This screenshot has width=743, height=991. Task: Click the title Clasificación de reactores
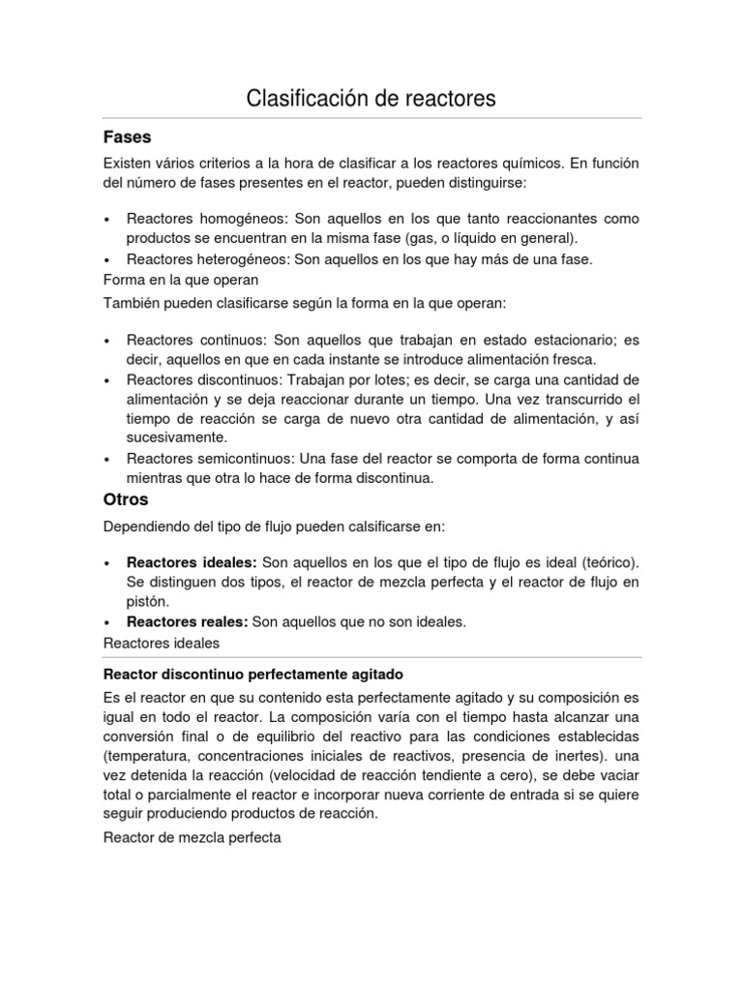click(371, 98)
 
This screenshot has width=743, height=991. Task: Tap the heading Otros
click(126, 499)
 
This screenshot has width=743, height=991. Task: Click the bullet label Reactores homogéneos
click(194, 219)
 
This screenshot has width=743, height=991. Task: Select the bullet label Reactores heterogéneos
click(197, 259)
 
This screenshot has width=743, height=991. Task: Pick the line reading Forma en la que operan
click(181, 280)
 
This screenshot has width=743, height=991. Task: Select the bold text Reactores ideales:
click(192, 562)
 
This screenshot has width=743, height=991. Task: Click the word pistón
click(146, 602)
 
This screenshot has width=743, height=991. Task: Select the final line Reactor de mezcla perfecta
click(192, 837)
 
